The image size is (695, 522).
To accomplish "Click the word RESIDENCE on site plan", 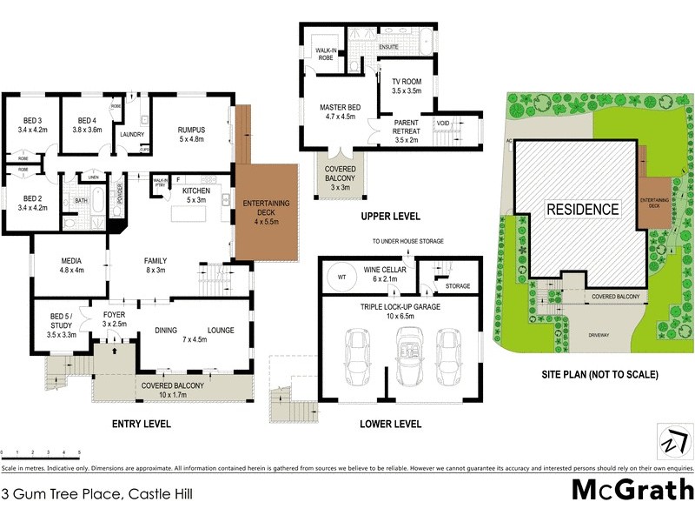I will [583, 210].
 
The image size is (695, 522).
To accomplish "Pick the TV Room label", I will [406, 85].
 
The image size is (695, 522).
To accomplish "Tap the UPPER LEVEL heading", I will [392, 216].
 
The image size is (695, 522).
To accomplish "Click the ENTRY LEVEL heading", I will [141, 424].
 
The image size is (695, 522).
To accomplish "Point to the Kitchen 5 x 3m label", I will [196, 195].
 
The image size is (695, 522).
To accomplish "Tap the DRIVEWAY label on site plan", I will [599, 334].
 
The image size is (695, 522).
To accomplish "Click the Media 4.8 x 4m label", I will [71, 265].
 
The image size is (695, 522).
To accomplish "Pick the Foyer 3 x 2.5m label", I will [115, 318].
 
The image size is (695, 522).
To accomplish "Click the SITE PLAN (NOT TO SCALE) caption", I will [597, 374].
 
